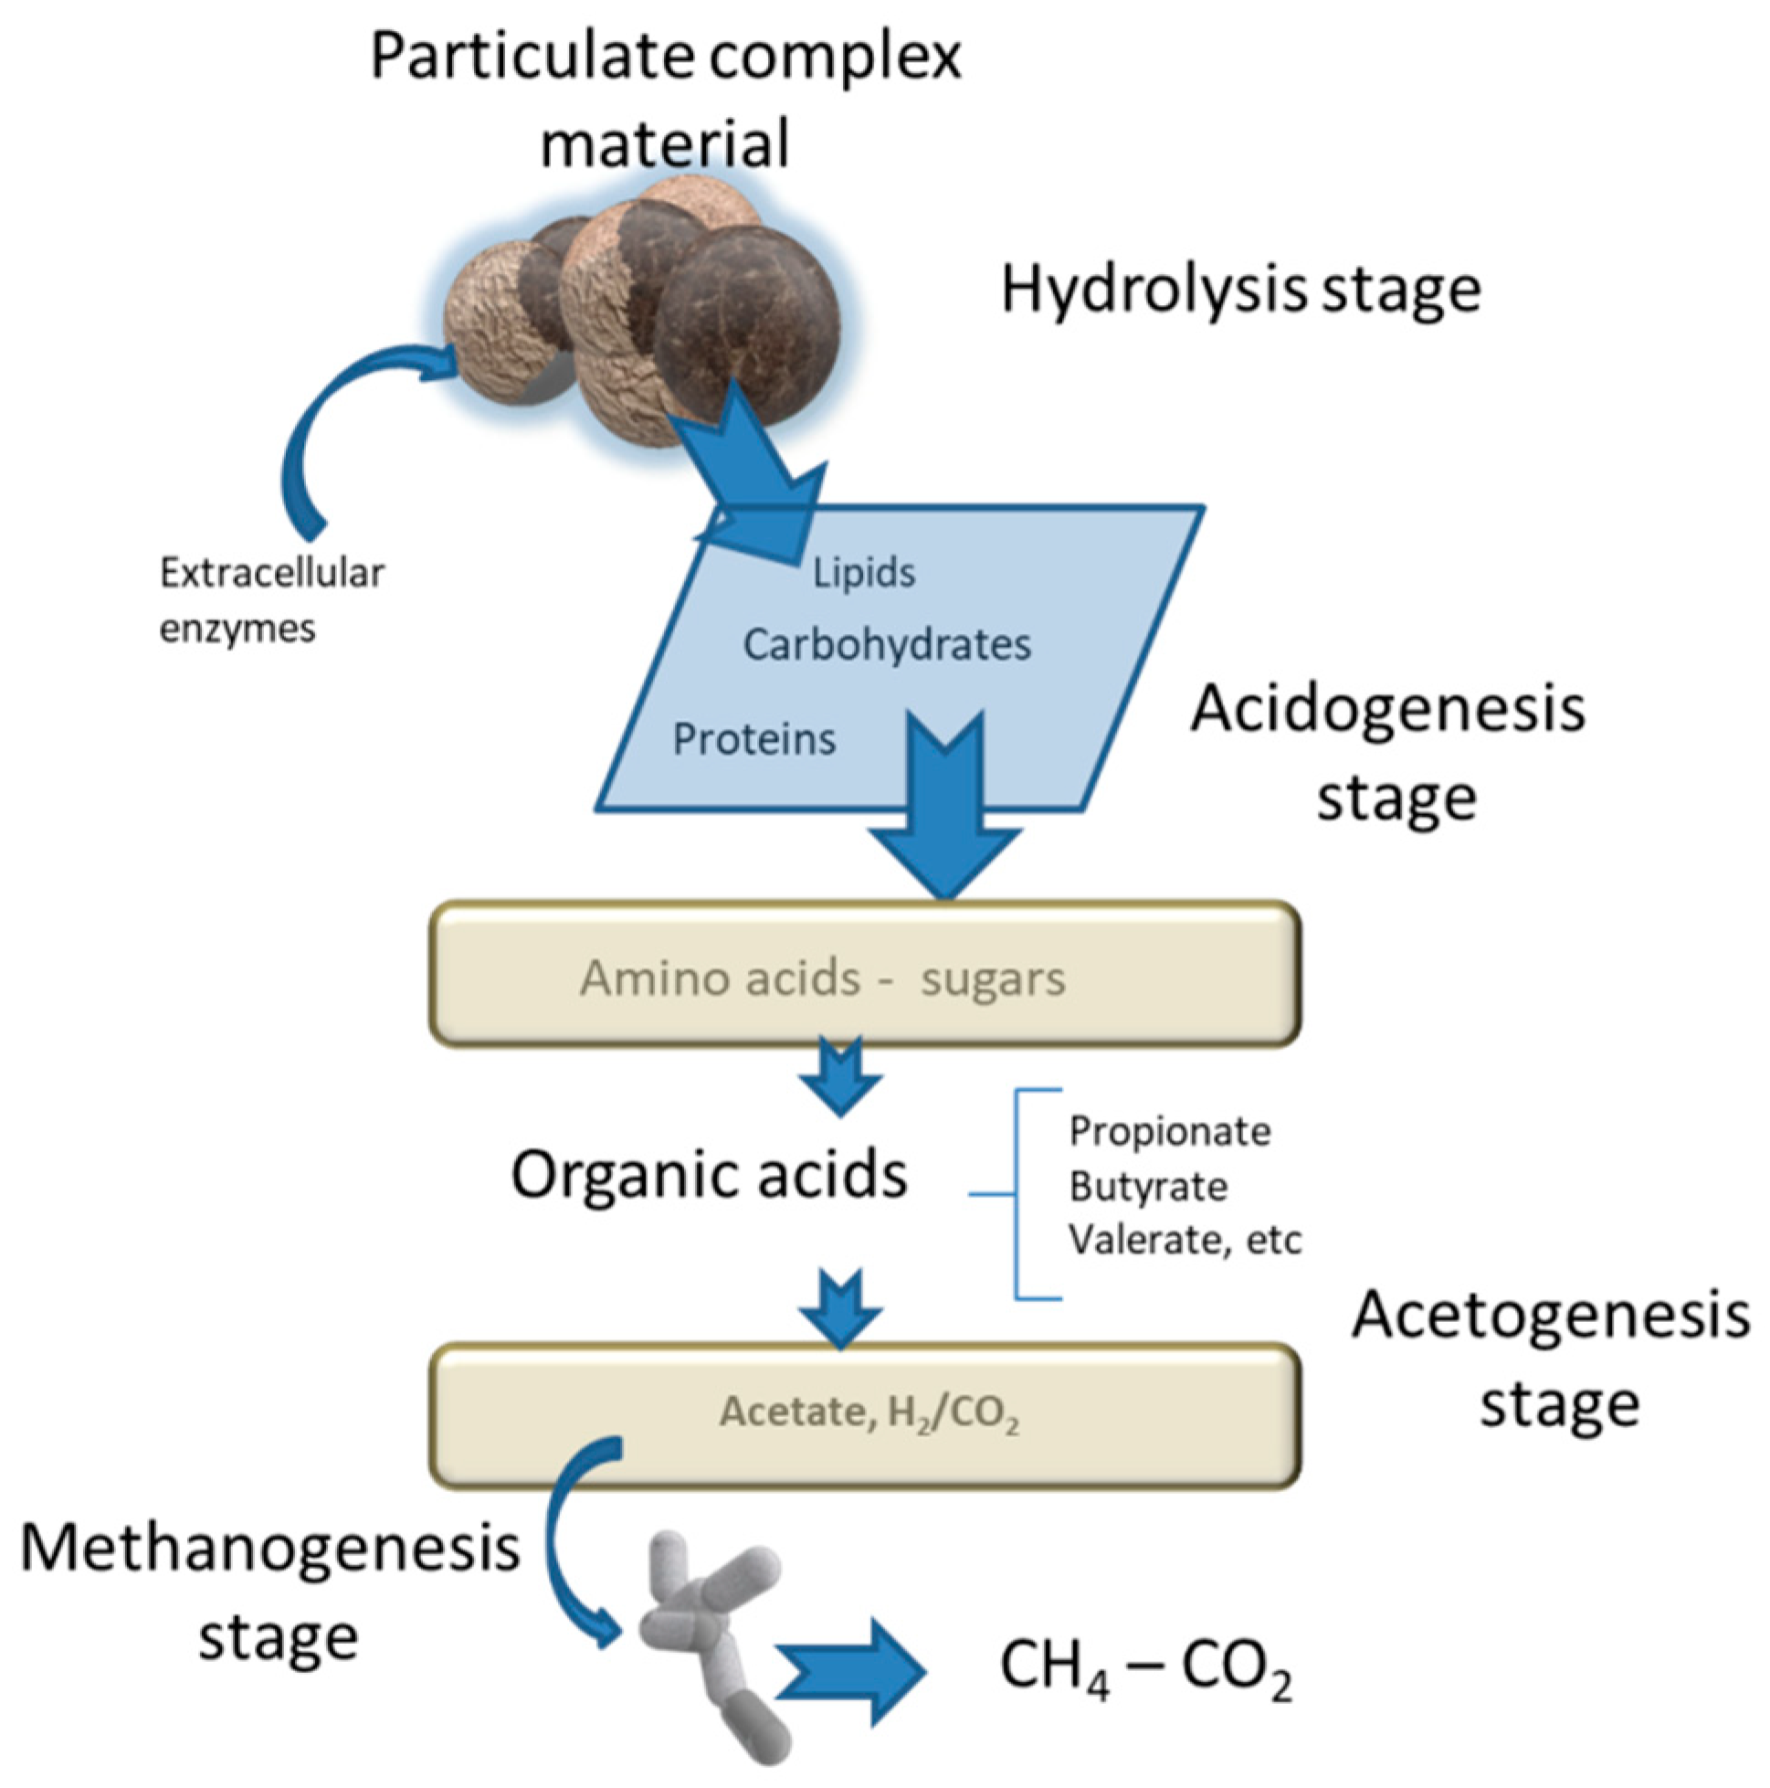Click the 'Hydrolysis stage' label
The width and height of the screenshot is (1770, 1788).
point(1240,290)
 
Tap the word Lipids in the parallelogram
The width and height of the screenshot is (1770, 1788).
point(863,573)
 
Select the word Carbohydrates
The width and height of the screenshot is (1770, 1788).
point(887,645)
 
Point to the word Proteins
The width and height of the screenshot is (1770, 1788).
point(753,739)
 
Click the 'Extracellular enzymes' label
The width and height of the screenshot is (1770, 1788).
point(270,599)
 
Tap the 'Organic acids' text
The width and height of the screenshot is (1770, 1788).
point(709,1175)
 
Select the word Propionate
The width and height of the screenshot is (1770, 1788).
point(1170,1132)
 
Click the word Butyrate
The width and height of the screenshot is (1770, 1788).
point(1148,1187)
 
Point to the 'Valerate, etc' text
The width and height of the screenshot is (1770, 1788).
point(1185,1240)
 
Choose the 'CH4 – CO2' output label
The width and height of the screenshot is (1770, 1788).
point(1145,1666)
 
